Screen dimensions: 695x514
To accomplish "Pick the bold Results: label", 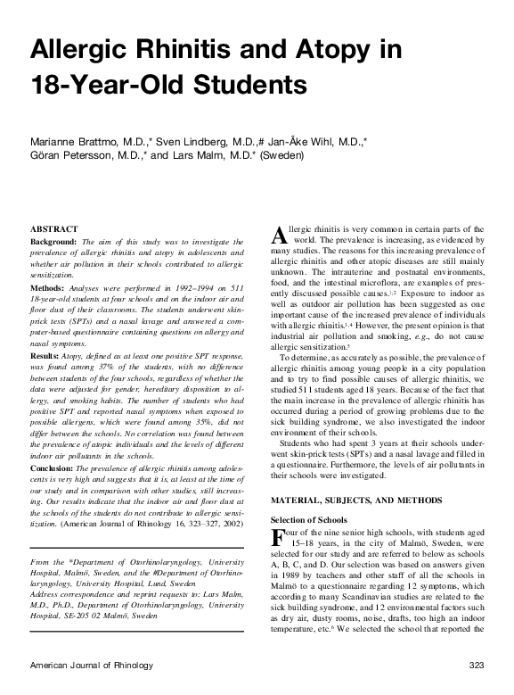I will pos(48,356).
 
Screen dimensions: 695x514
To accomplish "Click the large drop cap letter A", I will pos(277,235).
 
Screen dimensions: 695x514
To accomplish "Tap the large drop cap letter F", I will pos(276,538).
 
